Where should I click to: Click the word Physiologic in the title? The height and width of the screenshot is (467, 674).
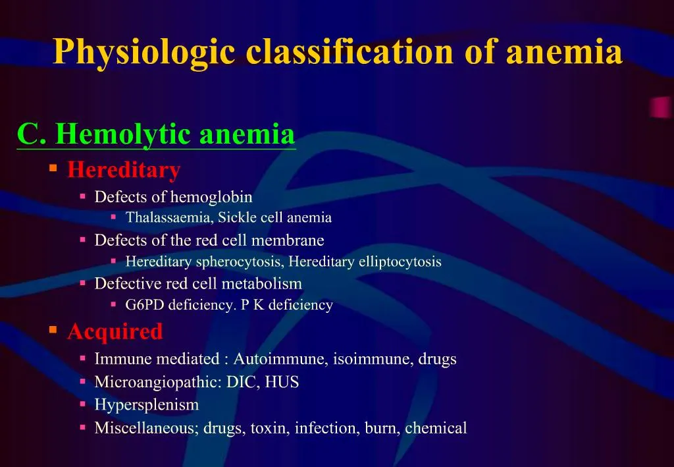143,52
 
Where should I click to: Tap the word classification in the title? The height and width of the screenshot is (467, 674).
350,52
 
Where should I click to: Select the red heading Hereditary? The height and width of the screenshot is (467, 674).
124,170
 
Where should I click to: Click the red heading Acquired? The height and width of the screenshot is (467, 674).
115,331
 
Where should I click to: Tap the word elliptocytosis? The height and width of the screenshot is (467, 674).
400,261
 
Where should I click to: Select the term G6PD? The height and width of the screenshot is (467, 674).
145,305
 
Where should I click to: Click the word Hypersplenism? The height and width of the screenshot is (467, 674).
146,404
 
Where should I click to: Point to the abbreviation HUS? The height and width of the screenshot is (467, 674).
282,382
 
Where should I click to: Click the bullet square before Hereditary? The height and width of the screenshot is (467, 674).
53,169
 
